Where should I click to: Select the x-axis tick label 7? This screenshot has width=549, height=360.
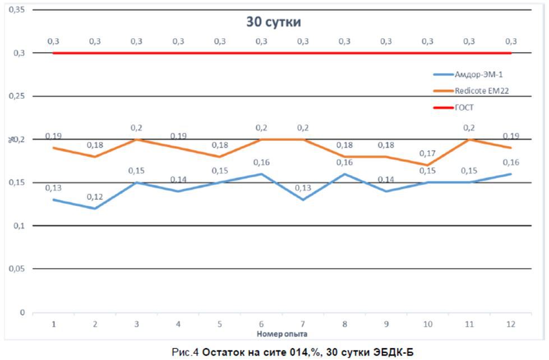(x=303, y=324)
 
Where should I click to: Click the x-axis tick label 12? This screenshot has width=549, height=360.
(x=511, y=324)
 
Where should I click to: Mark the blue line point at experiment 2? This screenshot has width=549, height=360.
(x=95, y=209)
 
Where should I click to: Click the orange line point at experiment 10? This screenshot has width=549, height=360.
(x=428, y=165)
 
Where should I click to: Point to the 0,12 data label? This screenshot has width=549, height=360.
(x=94, y=197)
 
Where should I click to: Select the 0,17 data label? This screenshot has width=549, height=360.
(x=427, y=153)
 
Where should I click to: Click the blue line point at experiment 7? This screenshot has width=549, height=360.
(x=303, y=200)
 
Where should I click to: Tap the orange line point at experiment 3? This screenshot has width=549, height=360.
(x=136, y=139)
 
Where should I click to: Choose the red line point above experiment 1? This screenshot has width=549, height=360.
(x=53, y=53)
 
